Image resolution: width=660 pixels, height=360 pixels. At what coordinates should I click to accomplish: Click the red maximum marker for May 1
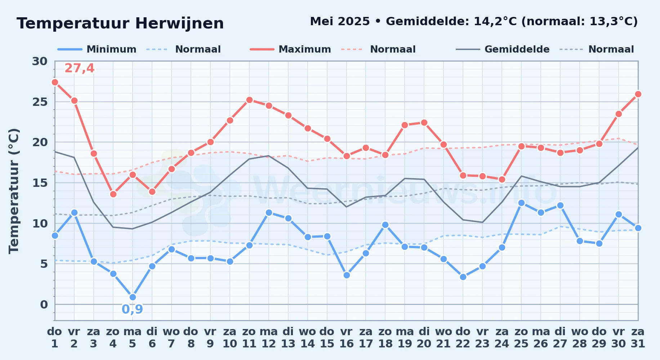point(55,82)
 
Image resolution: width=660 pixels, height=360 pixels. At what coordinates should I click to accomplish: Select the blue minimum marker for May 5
point(133,297)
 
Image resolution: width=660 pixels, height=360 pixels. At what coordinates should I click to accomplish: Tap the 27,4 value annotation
point(80,68)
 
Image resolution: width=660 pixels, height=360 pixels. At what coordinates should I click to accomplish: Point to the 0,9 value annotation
point(132,309)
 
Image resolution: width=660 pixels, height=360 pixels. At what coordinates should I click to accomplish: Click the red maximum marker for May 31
point(638,94)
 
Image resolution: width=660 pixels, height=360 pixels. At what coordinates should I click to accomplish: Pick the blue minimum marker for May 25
point(521,203)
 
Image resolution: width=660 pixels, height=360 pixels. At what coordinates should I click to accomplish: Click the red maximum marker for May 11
point(249,100)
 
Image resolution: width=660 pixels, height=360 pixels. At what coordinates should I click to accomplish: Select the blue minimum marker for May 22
point(463,277)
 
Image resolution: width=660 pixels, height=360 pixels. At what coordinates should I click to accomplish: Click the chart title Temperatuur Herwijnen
point(120,23)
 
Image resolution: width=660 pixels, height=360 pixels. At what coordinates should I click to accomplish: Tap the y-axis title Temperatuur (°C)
point(14,191)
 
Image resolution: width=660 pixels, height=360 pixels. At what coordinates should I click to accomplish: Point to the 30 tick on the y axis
point(40,61)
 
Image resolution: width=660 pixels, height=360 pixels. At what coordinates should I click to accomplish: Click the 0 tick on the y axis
point(44,305)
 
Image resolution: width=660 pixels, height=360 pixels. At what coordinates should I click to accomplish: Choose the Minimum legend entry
point(97,49)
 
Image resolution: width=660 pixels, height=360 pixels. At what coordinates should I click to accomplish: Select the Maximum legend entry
point(290,49)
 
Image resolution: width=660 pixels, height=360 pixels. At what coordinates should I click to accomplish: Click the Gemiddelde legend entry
point(503,49)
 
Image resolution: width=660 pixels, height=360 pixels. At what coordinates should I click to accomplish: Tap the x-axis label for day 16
point(347,338)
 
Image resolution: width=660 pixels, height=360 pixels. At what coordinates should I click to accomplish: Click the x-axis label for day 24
point(502,338)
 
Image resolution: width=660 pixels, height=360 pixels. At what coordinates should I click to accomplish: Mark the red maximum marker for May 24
point(502,179)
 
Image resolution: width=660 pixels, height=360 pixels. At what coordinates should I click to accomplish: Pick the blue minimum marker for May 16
point(347,275)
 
